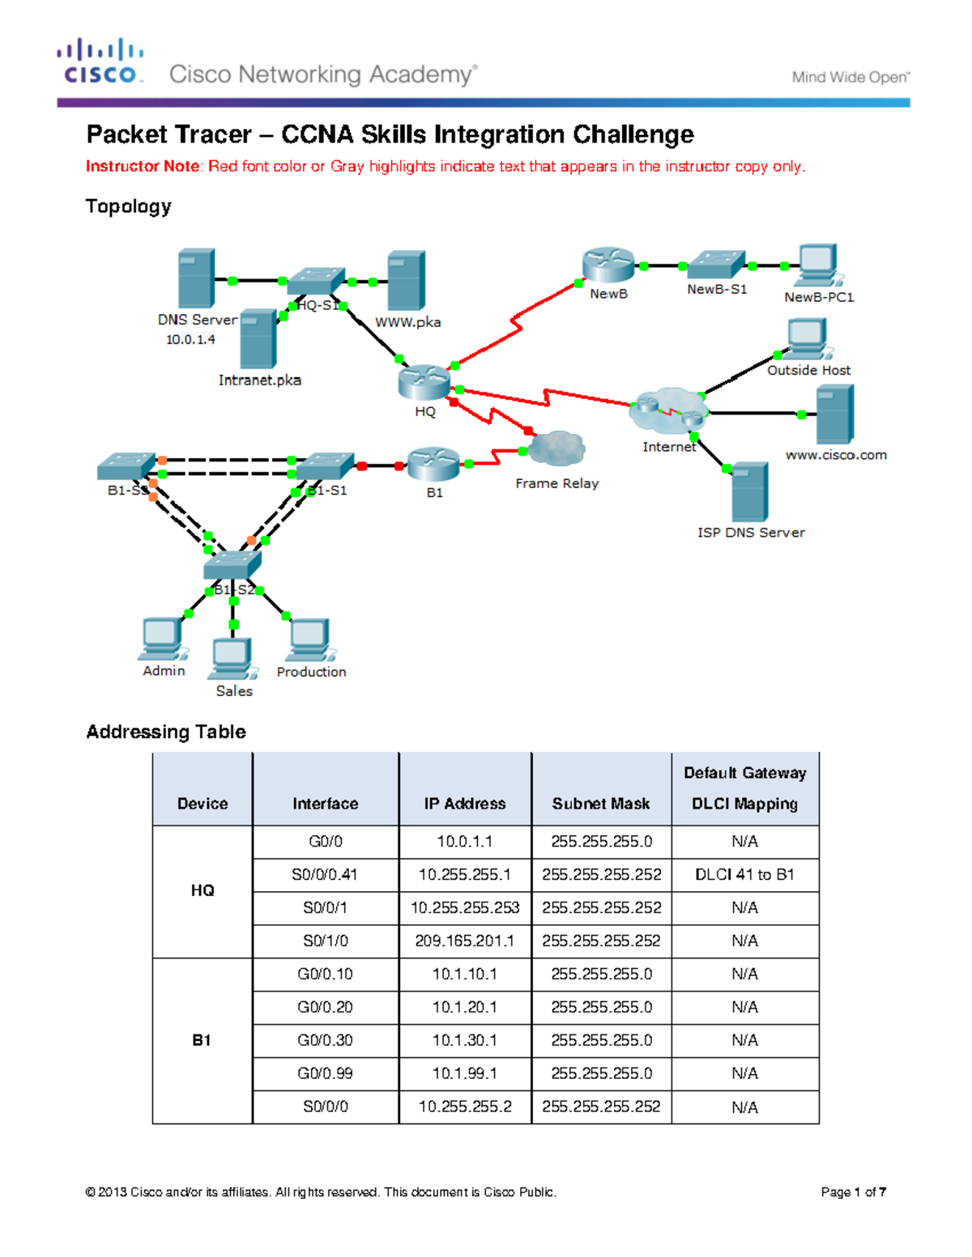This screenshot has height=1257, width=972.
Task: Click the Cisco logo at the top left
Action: [100, 62]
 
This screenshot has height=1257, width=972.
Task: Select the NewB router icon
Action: [607, 265]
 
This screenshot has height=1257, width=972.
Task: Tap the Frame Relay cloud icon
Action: [556, 448]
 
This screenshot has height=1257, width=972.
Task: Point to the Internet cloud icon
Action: [669, 410]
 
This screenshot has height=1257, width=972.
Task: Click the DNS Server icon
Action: [196, 278]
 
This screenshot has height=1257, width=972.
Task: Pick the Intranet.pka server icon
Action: [258, 338]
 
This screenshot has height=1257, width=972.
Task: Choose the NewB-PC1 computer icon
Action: [817, 265]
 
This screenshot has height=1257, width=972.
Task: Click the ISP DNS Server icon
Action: [749, 492]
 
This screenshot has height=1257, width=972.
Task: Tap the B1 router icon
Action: [433, 465]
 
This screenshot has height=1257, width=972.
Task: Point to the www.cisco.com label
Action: [836, 455]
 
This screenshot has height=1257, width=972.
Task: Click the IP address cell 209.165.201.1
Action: [465, 941]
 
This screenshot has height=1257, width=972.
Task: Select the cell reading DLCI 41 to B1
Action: [744, 875]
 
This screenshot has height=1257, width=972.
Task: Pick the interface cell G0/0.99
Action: [325, 1074]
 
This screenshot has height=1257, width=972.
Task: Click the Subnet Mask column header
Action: [601, 804]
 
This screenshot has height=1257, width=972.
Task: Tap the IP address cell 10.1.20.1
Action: [465, 1008]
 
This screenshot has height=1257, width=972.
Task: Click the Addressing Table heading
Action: [166, 732]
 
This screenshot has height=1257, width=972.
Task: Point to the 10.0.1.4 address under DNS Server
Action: [190, 340]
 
